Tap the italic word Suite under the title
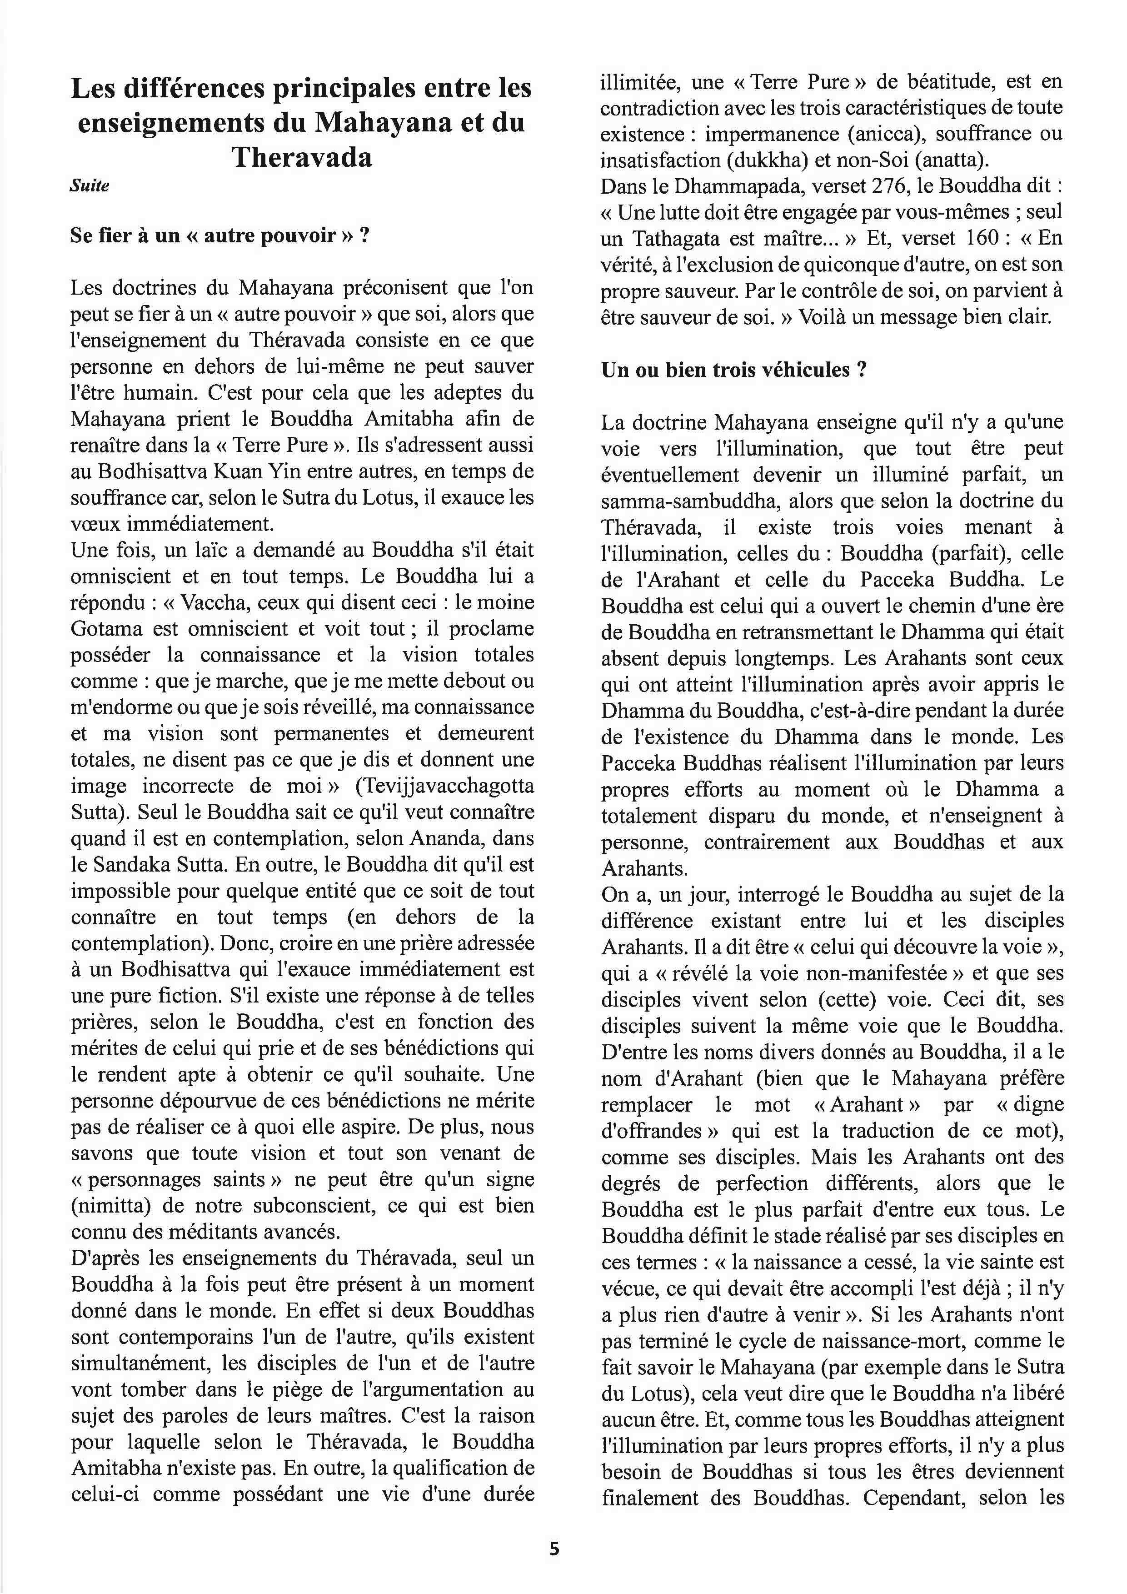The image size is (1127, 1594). pos(90,186)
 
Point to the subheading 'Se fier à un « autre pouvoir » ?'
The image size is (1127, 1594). pos(219,236)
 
